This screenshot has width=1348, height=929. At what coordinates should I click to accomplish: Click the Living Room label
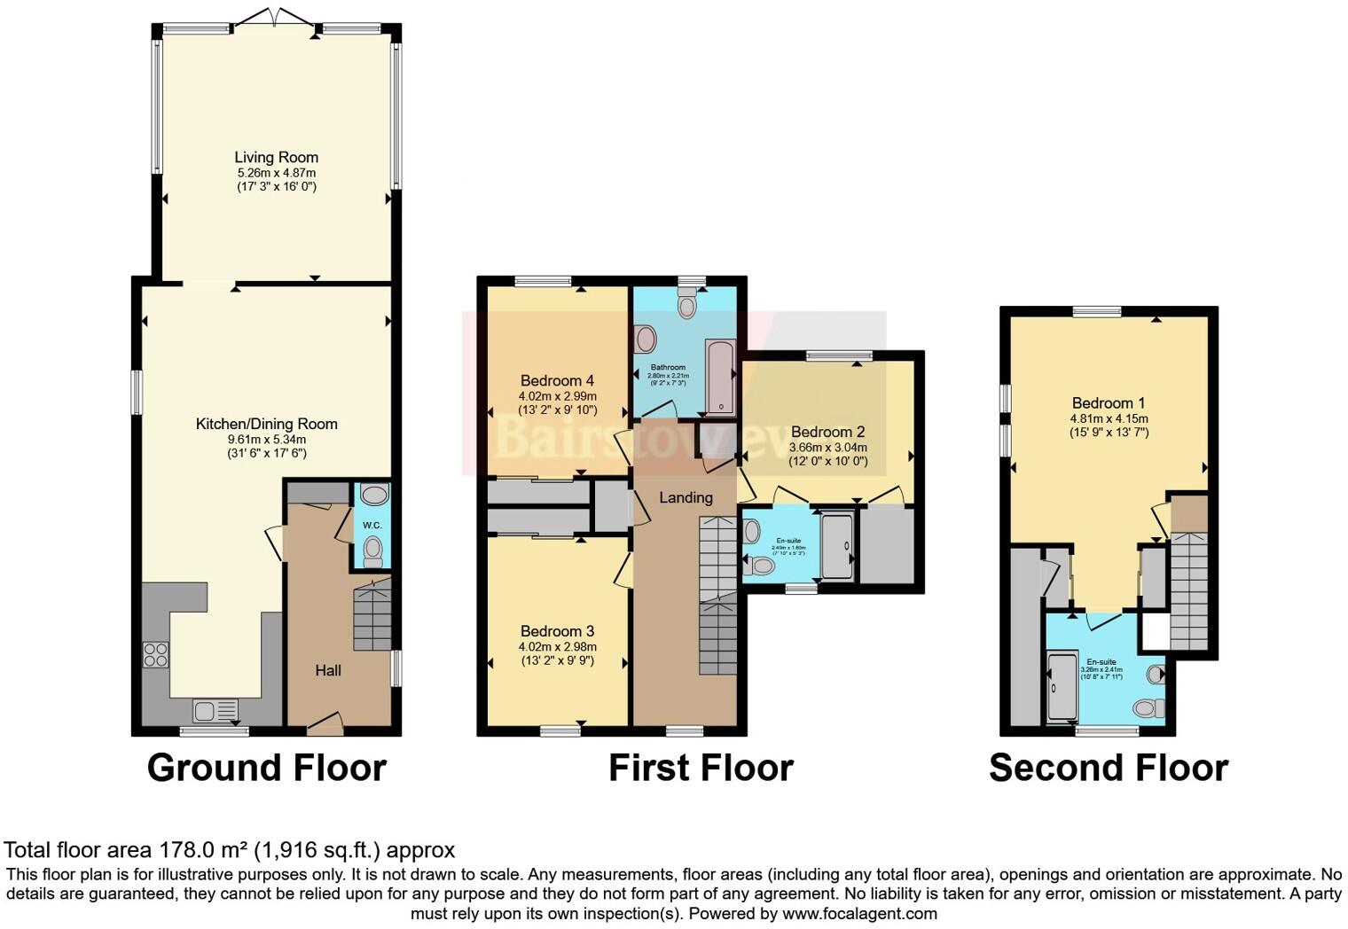coord(276,158)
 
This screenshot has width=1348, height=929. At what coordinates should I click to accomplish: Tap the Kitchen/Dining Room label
coord(266,424)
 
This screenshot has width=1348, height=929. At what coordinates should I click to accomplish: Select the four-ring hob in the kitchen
coord(156,654)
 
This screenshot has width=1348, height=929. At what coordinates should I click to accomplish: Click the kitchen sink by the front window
coord(215,710)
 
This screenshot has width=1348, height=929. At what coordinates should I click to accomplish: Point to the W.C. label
coord(372,525)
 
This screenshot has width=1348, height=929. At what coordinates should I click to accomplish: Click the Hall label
coord(328,670)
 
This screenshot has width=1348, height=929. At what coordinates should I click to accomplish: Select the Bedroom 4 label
coord(557,381)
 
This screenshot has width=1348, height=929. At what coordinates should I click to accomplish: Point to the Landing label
coord(686,497)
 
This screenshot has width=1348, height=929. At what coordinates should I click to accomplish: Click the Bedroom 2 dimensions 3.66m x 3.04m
coord(827,448)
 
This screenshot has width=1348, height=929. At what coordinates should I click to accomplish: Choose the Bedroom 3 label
coord(557,631)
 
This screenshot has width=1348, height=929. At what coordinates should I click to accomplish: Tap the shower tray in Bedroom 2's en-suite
coord(836,545)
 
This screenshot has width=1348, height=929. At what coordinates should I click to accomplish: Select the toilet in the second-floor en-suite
coord(1148,707)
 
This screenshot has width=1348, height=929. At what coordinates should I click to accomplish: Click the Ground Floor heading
coord(266,768)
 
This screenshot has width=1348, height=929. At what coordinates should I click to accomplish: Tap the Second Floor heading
coord(1109,768)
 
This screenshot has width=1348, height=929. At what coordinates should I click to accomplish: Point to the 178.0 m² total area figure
coord(203,850)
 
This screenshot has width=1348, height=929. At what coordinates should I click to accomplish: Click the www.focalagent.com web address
coord(859,913)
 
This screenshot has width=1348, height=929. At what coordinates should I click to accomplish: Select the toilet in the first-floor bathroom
coord(687,305)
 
